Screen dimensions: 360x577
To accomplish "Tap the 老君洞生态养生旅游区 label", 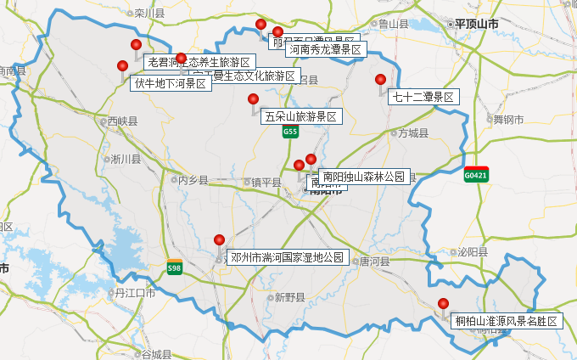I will click(199, 62).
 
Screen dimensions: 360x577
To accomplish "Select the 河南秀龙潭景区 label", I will click(325, 50).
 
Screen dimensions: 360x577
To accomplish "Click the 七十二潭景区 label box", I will click(423, 97).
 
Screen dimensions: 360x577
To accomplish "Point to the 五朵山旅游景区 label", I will click(301, 116).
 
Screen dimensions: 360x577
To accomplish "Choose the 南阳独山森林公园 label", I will click(365, 177).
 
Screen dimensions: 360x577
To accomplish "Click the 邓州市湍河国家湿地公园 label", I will click(288, 256).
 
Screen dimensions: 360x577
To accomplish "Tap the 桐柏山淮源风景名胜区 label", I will click(507, 321).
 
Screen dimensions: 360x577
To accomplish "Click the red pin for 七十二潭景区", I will click(381, 81).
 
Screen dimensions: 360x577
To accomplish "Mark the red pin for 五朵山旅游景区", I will click(253, 100).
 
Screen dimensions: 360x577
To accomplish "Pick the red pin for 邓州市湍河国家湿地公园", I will click(219, 240).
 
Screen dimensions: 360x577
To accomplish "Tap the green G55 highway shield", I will click(291, 132).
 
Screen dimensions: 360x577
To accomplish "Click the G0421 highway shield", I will click(476, 176).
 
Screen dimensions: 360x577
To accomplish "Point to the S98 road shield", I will click(174, 268).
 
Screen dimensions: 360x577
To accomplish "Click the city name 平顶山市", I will click(476, 24).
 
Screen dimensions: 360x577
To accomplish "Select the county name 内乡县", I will click(192, 180).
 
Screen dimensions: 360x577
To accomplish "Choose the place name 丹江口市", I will click(135, 293).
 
